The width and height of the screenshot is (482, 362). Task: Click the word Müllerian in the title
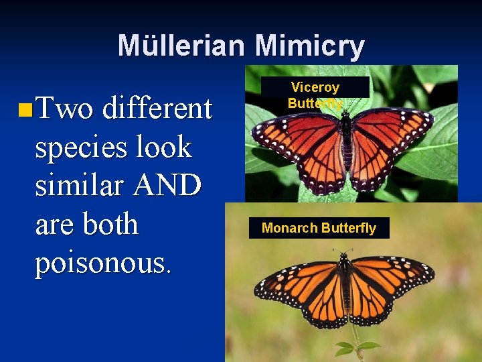pos(181,46)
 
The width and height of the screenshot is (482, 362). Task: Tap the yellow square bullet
pos(24,108)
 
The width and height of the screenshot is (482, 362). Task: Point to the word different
pos(157,108)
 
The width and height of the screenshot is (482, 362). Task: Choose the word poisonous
pos(102,263)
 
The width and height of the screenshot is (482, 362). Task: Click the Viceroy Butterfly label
pos(315,95)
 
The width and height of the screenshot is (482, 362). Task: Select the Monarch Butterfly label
pos(319,228)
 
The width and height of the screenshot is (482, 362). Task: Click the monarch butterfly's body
pos(345,288)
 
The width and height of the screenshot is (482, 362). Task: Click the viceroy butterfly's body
pos(345,141)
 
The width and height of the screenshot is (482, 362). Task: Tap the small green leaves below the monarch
pos(355,347)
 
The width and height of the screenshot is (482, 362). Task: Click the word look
pos(167,147)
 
